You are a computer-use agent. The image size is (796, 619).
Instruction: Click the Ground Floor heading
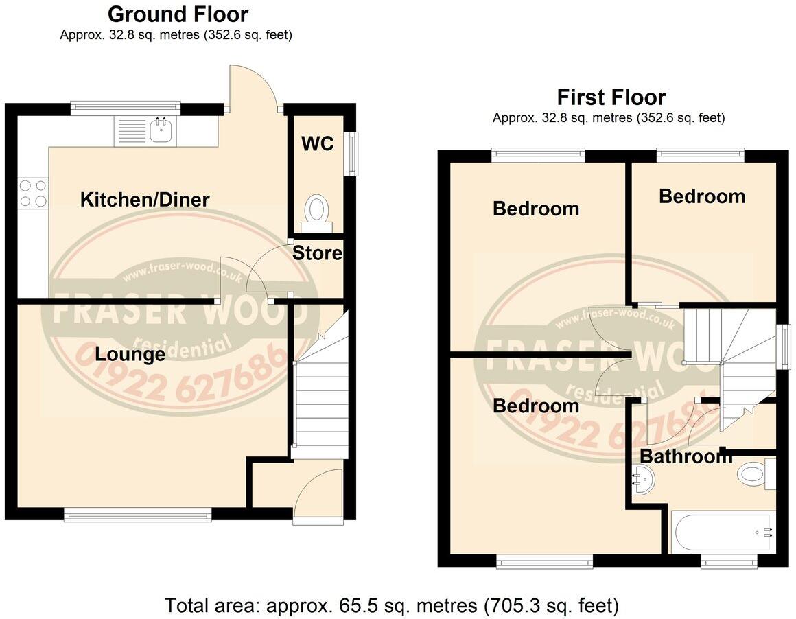178,14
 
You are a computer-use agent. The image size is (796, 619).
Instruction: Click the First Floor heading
611,97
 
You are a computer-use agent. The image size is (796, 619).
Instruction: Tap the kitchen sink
162,130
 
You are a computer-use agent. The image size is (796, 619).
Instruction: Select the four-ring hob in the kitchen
33,193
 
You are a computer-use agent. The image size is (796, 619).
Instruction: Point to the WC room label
318,144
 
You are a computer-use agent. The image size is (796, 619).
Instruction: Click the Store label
317,253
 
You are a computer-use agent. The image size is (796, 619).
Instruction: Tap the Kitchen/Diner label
145,200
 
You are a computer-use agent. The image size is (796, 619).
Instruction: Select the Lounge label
130,354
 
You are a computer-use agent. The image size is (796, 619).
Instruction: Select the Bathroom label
686,456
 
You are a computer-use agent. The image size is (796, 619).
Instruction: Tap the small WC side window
353,153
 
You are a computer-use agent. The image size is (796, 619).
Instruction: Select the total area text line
392,606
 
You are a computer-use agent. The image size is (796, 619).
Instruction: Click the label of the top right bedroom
701,196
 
